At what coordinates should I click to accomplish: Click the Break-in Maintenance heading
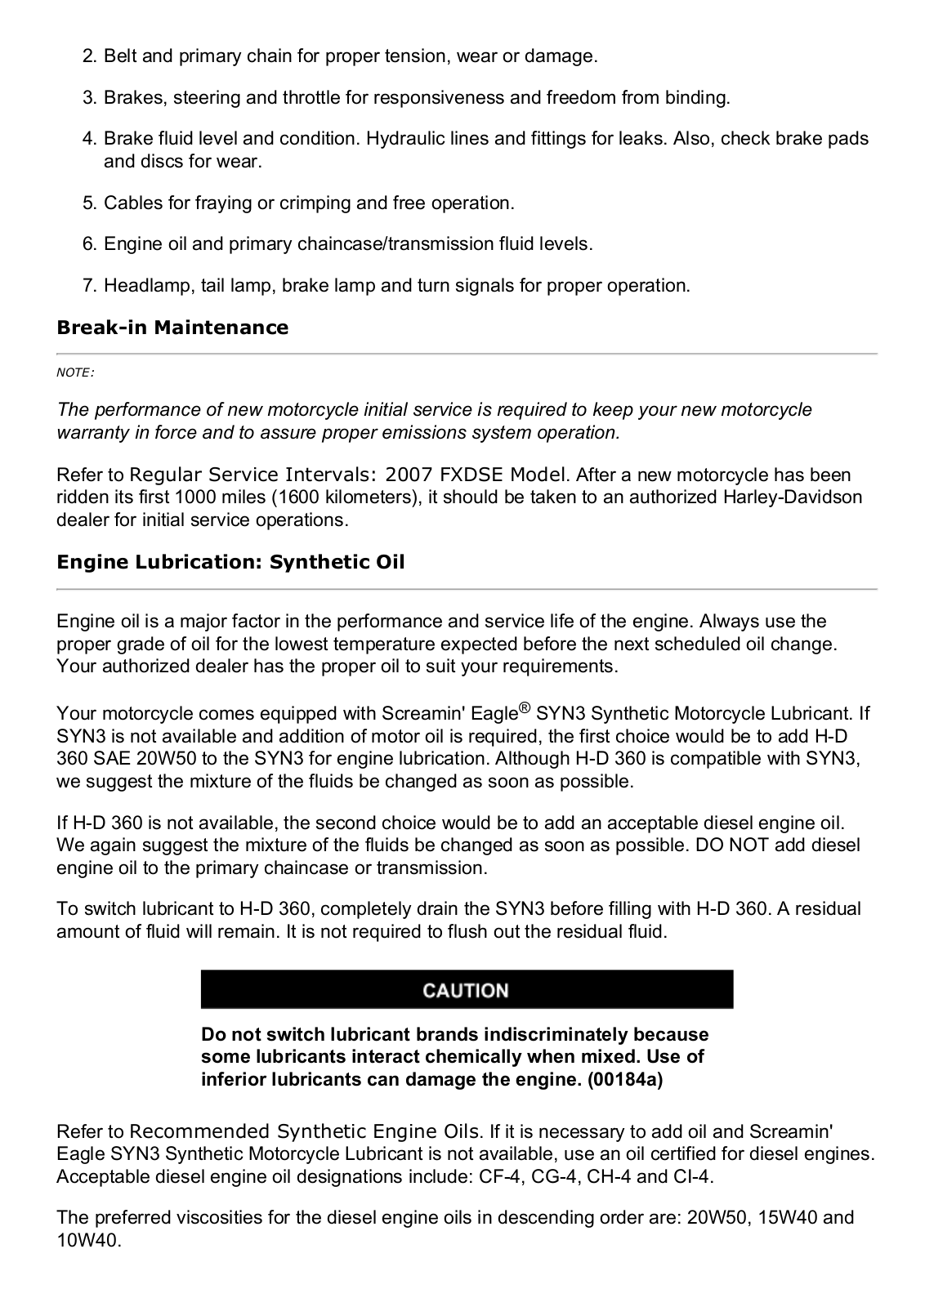pyautogui.click(x=172, y=328)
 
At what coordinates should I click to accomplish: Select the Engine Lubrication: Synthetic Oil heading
pyautogui.click(x=230, y=562)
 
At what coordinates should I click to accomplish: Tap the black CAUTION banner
pyautogui.click(x=467, y=990)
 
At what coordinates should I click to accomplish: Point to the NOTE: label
pyautogui.click(x=75, y=372)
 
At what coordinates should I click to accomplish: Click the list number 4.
pyautogui.click(x=89, y=139)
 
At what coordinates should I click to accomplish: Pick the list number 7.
pyautogui.click(x=89, y=286)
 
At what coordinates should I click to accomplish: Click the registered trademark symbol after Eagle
pyautogui.click(x=525, y=707)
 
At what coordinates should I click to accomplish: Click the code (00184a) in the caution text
pyautogui.click(x=625, y=1079)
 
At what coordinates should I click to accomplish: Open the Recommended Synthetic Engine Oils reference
pyautogui.click(x=305, y=1131)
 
